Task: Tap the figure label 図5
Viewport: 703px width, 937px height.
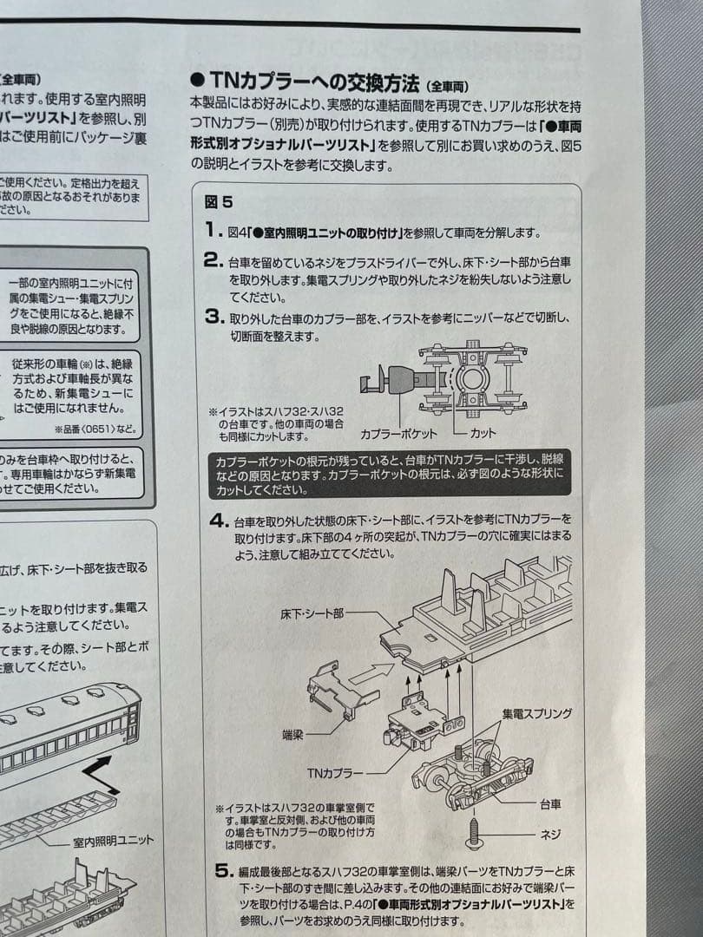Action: tap(219, 202)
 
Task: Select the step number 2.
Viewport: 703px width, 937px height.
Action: tap(214, 259)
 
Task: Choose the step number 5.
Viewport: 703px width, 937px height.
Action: tap(222, 871)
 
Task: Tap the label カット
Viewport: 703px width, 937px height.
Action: tap(483, 431)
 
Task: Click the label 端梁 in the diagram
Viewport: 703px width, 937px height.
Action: tap(293, 734)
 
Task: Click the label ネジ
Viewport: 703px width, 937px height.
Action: tap(550, 834)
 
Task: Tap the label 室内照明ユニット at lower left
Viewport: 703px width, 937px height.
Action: tap(114, 841)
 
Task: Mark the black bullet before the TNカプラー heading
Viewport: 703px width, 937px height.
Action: tap(197, 82)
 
